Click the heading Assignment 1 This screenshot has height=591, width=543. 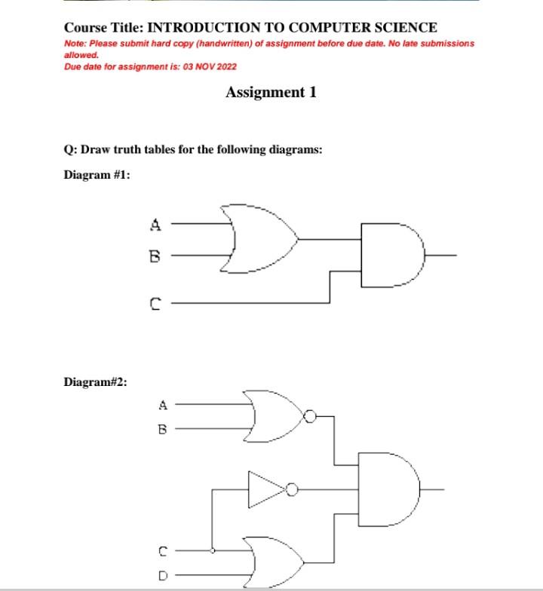271,93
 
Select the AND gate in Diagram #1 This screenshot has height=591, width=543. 389,255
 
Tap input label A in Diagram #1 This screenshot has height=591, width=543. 155,224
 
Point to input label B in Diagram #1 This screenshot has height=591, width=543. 155,256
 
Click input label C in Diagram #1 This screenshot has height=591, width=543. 155,304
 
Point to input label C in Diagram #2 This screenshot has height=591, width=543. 161,551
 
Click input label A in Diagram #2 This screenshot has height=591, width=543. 161,405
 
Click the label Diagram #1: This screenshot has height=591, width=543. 97,175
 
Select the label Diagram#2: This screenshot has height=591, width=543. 95,381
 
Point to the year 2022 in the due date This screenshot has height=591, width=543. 225,67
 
